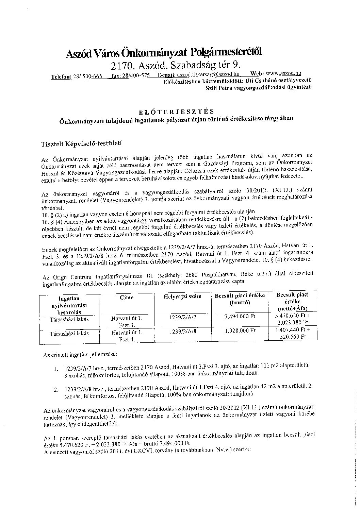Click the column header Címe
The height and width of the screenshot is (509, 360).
click(x=127, y=298)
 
